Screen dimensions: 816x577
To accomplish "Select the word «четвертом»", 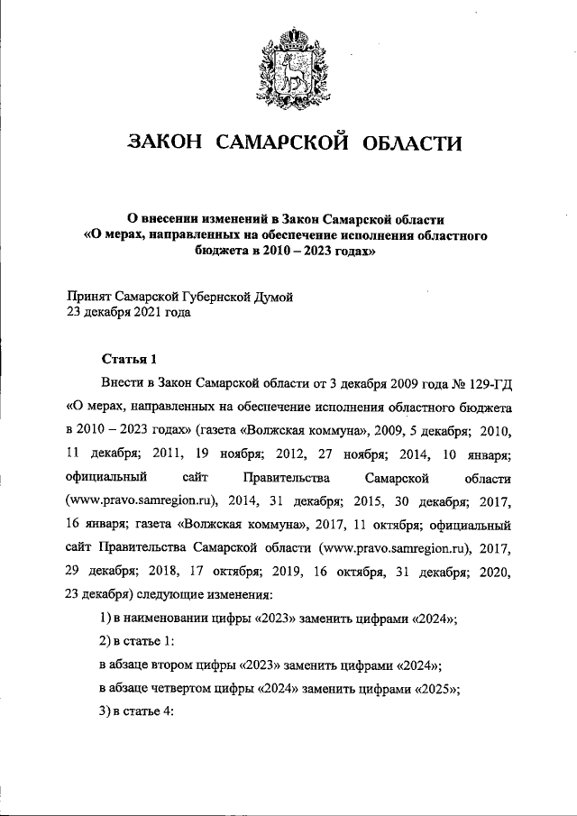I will (200, 690).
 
